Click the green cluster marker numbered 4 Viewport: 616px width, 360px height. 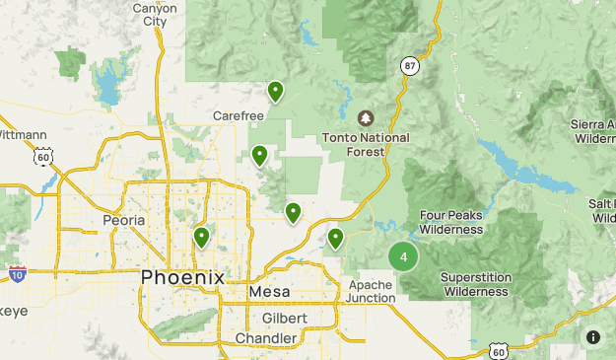(x=402, y=256)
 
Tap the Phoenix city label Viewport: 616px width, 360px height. (x=182, y=277)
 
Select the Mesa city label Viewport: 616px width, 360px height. (x=269, y=293)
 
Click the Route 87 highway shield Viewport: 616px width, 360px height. (x=409, y=65)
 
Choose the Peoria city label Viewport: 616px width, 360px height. (x=124, y=220)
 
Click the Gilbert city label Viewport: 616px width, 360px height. (x=286, y=318)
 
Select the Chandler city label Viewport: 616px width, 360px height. (x=266, y=338)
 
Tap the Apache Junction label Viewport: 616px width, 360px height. (x=372, y=291)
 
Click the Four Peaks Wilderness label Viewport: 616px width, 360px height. (x=451, y=222)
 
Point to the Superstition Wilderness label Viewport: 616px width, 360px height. (x=475, y=284)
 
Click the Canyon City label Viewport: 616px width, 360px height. (x=155, y=14)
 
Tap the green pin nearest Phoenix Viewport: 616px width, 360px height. (x=202, y=237)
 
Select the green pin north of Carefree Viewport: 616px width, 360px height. (x=276, y=92)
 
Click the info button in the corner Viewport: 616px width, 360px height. (x=593, y=336)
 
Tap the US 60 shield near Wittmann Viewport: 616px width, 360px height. (x=42, y=156)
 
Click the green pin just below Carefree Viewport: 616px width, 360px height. (x=260, y=155)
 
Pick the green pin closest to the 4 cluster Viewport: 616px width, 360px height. (x=336, y=238)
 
